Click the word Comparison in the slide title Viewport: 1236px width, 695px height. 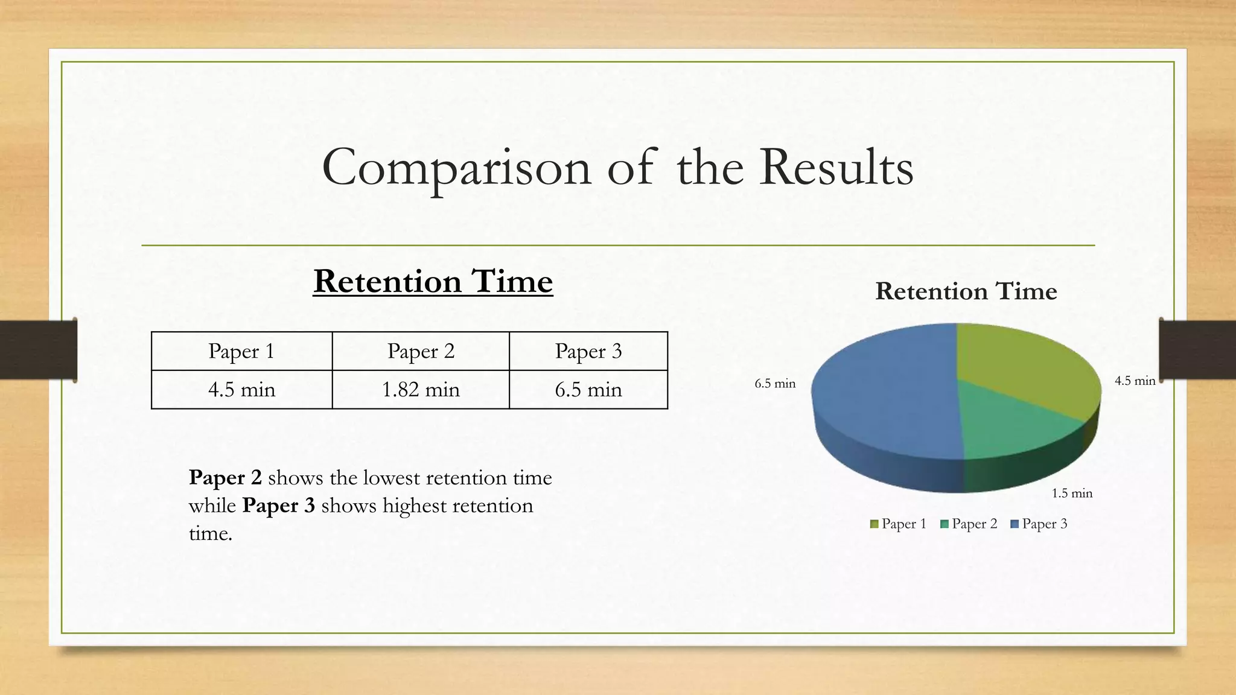coord(456,168)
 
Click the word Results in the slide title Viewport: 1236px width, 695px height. coord(836,168)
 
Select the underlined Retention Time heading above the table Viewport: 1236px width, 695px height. coord(433,282)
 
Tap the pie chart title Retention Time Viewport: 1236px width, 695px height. coord(966,291)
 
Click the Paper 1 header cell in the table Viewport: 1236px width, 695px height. coord(241,351)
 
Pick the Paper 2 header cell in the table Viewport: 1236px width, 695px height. coord(421,351)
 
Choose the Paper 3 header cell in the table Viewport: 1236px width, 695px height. coord(588,351)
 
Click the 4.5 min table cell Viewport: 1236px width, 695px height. coord(241,390)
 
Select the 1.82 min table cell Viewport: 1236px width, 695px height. coord(421,390)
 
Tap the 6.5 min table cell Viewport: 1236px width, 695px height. coord(588,390)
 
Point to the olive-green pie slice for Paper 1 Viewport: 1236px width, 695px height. coord(1020,368)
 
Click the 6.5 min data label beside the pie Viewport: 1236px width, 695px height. coord(775,384)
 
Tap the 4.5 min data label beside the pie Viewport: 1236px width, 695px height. coord(1135,381)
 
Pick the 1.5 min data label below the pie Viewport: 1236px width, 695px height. coord(1072,493)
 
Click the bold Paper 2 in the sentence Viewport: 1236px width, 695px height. coord(225,478)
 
